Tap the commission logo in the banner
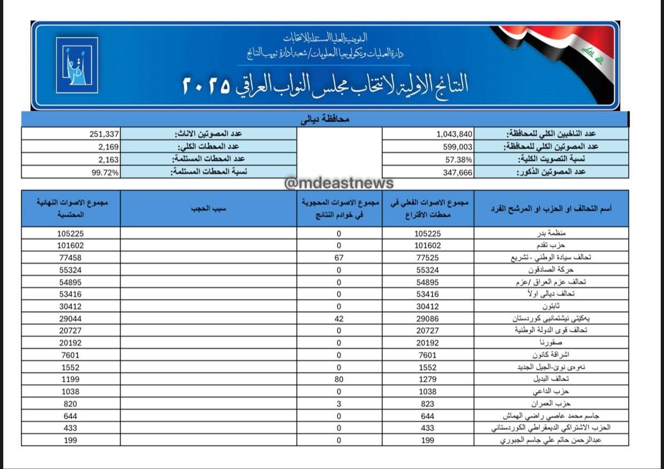click(x=77, y=65)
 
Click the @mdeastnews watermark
click(x=339, y=183)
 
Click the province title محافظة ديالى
click(x=325, y=119)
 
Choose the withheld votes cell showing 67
click(x=339, y=258)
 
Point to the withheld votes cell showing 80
click(x=339, y=380)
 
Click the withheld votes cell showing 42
click(x=339, y=319)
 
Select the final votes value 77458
click(x=71, y=258)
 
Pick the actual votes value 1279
click(x=427, y=380)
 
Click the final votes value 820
click(x=71, y=404)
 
